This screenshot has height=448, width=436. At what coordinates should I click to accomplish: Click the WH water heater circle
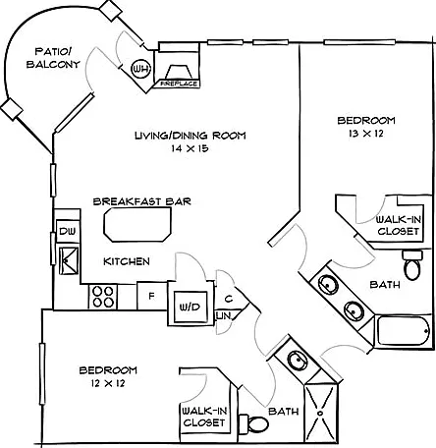click(140, 69)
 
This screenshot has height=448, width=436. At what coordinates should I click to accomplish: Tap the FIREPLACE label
click(180, 84)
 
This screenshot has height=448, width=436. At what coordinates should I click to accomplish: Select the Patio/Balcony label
click(53, 58)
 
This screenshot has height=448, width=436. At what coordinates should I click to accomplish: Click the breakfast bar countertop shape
click(137, 225)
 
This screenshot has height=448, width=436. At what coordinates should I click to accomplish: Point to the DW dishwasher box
click(68, 232)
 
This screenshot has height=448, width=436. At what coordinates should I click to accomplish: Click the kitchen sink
click(69, 260)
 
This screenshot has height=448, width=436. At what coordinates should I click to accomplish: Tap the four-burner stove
click(103, 297)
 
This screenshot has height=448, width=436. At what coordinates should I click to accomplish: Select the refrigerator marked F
click(151, 296)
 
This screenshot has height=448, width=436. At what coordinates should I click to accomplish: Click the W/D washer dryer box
click(191, 307)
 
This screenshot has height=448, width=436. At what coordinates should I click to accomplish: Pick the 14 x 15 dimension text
click(190, 148)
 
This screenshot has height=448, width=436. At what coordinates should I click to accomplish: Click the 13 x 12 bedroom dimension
click(366, 134)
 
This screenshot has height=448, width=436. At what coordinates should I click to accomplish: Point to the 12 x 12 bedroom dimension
click(108, 383)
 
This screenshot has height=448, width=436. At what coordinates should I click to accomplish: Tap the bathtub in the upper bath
click(404, 330)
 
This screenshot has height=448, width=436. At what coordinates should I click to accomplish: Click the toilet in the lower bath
click(254, 423)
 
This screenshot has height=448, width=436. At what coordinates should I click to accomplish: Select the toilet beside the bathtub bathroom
click(412, 264)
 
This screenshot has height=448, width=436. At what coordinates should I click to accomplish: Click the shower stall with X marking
click(320, 413)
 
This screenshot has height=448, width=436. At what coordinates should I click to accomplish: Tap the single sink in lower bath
click(298, 360)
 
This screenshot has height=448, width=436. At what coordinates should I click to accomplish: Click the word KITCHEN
click(127, 261)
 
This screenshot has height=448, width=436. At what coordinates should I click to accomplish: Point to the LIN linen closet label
click(224, 315)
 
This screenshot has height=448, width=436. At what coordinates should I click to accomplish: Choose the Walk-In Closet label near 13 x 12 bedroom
click(399, 225)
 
